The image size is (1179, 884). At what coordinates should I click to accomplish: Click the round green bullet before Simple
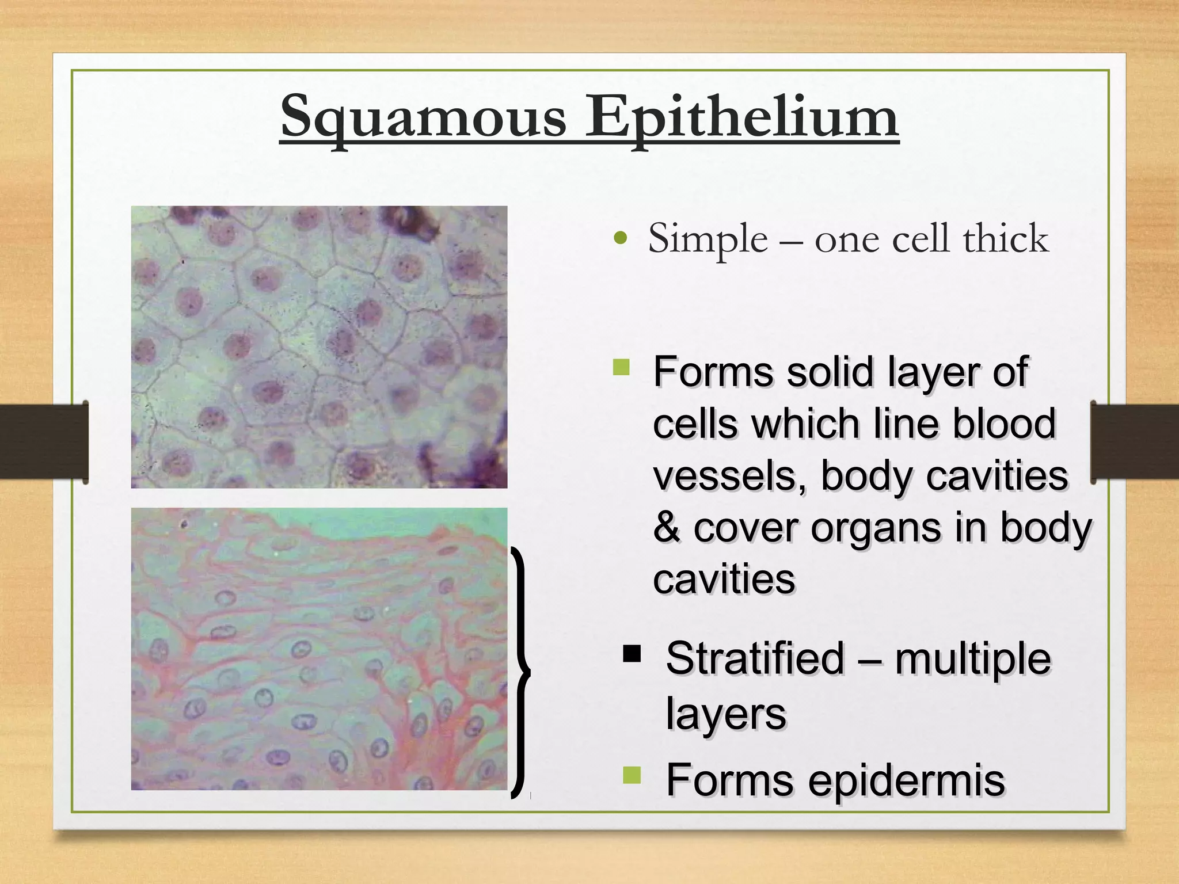pos(620,238)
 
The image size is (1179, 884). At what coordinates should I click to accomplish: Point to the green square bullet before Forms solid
pos(621,367)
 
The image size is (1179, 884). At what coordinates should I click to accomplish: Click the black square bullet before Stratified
pos(632,654)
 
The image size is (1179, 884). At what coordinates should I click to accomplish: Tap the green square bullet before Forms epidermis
pos(632,775)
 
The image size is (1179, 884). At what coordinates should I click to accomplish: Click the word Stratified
pos(754,658)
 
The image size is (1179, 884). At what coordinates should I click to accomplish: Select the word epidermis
pos(906,780)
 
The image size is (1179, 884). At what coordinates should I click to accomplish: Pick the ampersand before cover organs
pos(666,527)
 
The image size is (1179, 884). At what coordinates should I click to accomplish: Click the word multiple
pos(972,658)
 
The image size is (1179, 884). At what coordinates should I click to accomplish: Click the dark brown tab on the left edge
pos(43,441)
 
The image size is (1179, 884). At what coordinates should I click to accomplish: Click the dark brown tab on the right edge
pos(1134,441)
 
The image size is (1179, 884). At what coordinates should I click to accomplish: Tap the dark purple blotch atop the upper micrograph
pos(410,222)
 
